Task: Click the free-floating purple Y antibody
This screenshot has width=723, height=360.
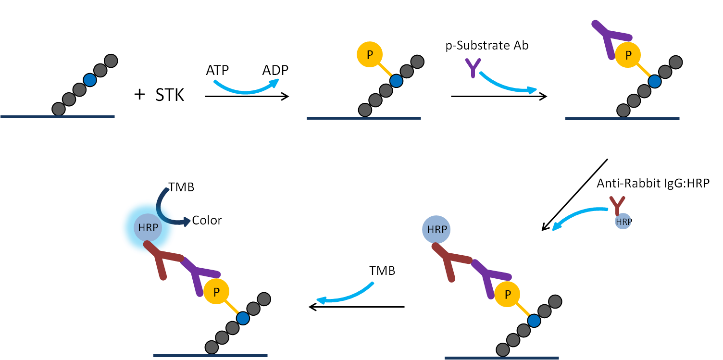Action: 473,68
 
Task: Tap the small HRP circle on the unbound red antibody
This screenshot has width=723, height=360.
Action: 623,221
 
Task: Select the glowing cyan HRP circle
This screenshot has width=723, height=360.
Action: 148,228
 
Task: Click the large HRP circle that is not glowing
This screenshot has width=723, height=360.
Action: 436,230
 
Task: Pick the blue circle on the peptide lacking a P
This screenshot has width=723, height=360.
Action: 90,80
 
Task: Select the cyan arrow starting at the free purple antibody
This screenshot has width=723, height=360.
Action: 507,85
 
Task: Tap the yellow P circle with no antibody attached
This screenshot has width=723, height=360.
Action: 370,55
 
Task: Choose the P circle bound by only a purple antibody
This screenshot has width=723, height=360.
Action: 628,55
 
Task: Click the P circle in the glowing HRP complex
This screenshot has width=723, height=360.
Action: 216,292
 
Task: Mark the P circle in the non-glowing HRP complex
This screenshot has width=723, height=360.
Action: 507,294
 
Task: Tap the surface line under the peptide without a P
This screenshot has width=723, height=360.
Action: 58,117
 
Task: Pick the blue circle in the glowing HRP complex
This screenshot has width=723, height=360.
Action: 243,318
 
